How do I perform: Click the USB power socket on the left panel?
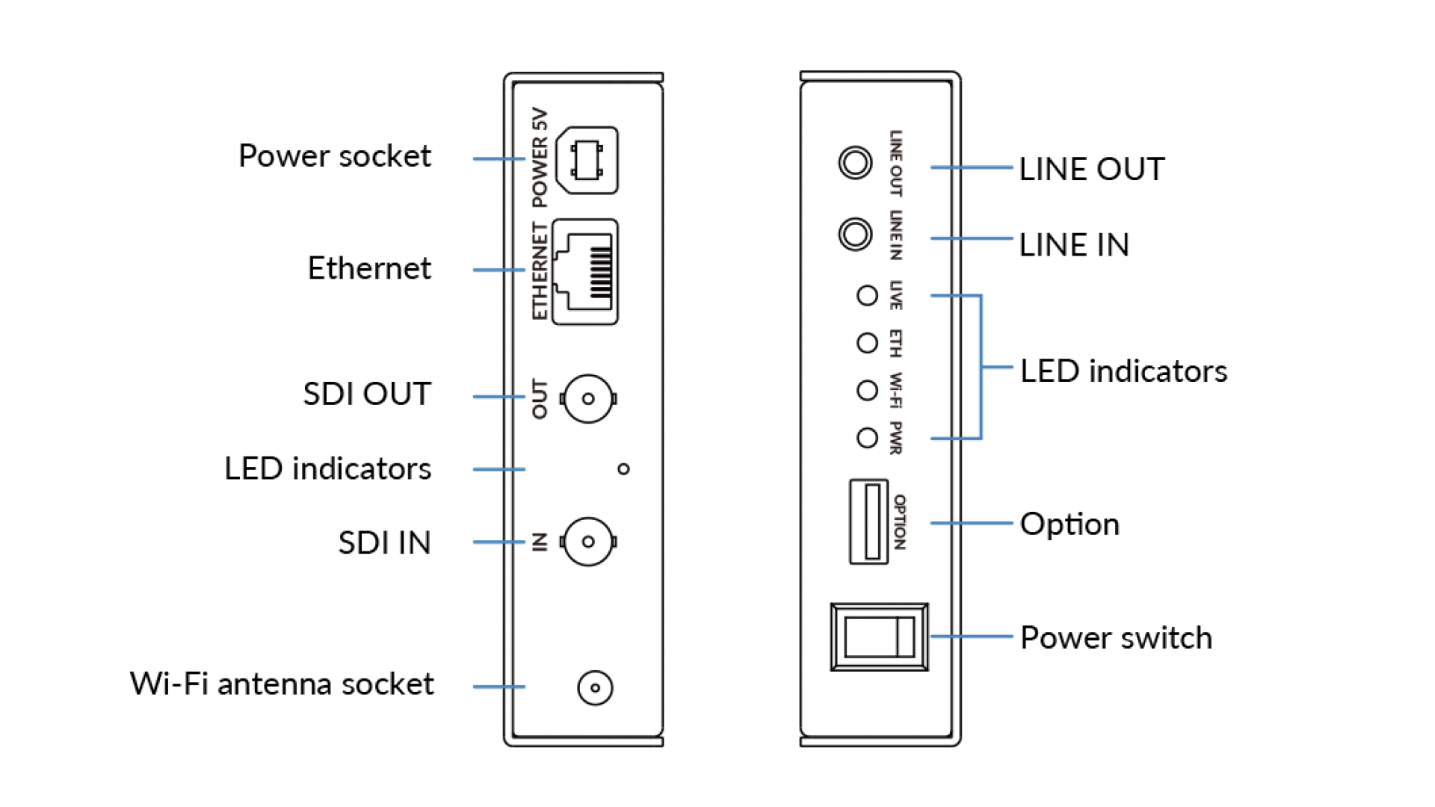point(587,160)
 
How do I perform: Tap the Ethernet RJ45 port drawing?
point(585,271)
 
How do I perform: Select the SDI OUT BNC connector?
point(588,399)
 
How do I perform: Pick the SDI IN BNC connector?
point(588,542)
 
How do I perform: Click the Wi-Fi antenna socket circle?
point(595,687)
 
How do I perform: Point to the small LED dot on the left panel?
point(623,469)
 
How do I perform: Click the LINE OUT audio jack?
point(855,162)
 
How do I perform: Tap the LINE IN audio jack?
point(855,234)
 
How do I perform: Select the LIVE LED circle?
point(867,296)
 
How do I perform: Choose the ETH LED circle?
point(867,343)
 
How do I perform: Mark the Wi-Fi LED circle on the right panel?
point(867,390)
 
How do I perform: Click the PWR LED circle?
point(867,438)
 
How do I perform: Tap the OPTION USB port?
point(869,522)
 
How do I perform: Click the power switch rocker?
point(880,637)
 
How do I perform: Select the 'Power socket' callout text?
point(334,156)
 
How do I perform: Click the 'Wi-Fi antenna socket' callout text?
point(282,684)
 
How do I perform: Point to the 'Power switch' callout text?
point(1116,638)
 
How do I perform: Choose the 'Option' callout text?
point(1070,524)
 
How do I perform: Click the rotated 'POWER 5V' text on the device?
point(540,158)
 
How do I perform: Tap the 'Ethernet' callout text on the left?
point(369,268)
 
